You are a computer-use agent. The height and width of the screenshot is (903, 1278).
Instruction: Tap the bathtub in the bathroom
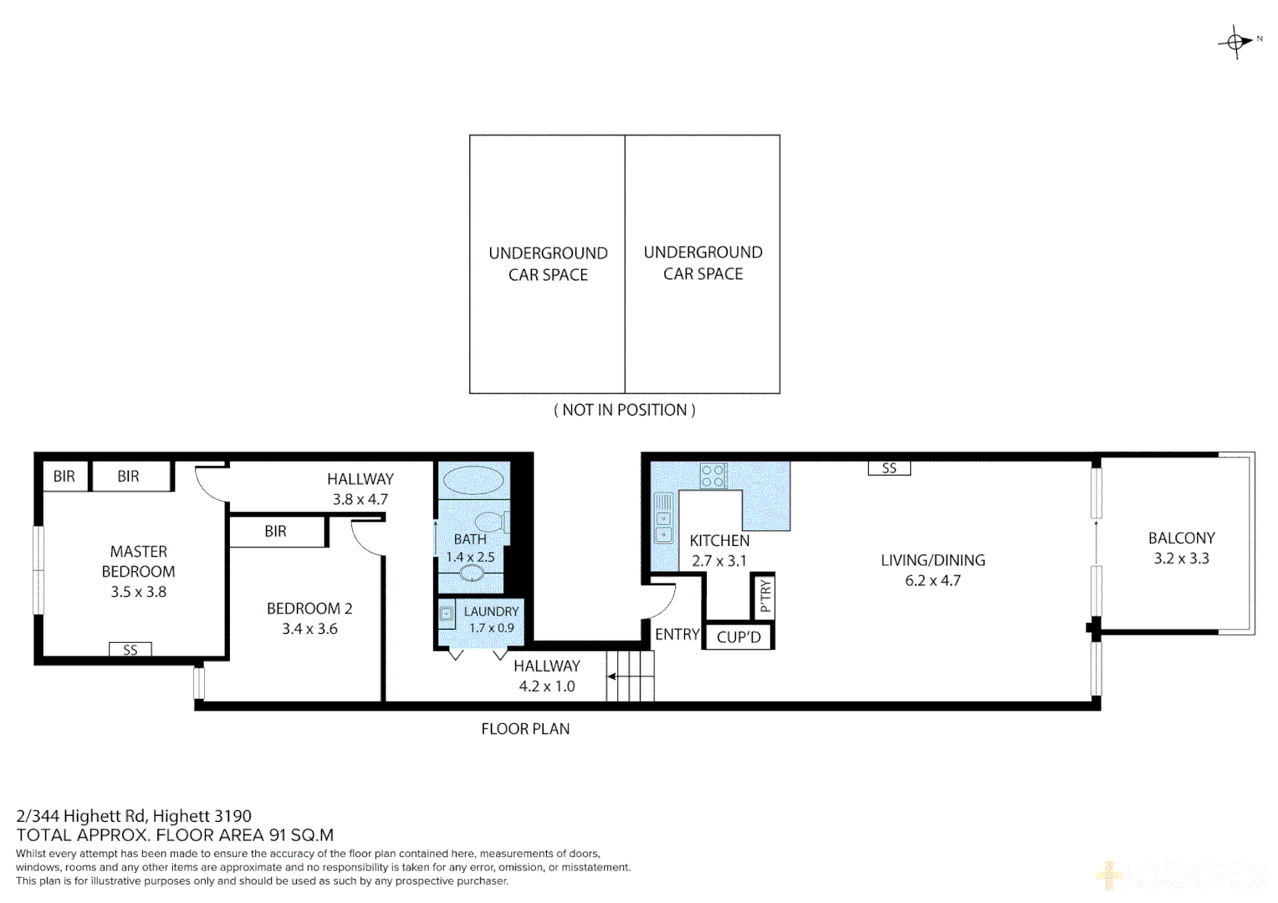[x=473, y=481]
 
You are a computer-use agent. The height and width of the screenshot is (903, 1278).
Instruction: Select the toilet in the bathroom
[x=492, y=522]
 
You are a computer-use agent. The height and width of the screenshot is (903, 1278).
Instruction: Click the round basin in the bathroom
[x=472, y=574]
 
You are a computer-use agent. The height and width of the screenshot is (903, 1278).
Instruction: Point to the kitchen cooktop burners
[x=713, y=477]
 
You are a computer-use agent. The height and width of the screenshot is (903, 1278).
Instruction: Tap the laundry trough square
[x=447, y=613]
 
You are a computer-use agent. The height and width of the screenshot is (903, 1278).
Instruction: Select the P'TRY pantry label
[x=764, y=596]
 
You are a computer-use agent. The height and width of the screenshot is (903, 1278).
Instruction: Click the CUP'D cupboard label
[x=739, y=637]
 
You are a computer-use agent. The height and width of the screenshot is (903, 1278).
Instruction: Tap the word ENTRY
[x=677, y=635]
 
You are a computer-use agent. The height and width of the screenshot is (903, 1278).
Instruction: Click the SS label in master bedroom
[x=130, y=650]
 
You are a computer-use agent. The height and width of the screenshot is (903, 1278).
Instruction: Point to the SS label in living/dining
[x=889, y=468]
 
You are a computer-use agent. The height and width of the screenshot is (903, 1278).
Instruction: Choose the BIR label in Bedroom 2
[x=275, y=532]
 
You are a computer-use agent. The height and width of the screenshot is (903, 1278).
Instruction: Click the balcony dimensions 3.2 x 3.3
[x=1181, y=559]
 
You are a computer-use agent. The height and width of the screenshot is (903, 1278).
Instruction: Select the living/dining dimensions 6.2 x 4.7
[x=933, y=580]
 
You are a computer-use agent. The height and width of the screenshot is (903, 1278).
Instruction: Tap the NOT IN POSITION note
[x=624, y=410]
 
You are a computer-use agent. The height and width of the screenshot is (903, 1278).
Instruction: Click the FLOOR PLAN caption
[x=525, y=729]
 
